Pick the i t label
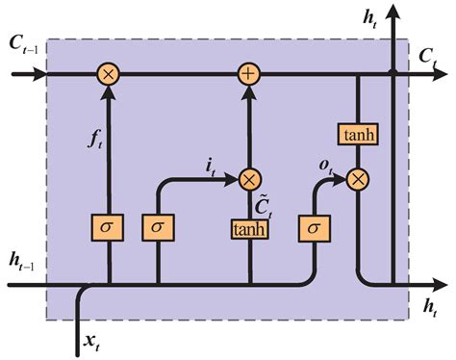coord(209,167)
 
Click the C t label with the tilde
coord(261,205)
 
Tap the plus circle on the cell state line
coord(250,73)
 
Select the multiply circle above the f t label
coord(108,73)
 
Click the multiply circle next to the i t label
coord(250,178)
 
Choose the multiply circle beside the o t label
coord(358,178)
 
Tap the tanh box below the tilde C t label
coord(249,229)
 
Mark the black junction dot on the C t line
coord(393,73)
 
